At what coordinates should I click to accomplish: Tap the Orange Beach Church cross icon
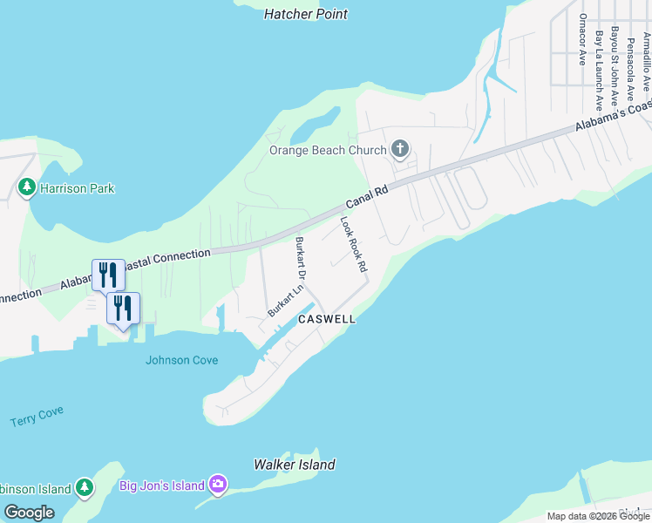400,150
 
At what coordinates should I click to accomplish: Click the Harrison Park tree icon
27,187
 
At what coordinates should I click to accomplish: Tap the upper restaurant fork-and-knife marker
107,275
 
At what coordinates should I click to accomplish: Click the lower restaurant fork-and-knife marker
123,307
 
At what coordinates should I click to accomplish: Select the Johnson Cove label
181,360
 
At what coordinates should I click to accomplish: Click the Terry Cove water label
37,417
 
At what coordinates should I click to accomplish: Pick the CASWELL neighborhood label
327,319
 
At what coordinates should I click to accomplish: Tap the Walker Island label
294,465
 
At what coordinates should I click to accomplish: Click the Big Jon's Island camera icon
218,485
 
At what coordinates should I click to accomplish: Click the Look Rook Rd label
352,245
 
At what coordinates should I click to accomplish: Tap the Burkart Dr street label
301,257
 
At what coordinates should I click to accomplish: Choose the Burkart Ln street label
285,297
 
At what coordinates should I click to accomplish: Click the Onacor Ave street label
582,39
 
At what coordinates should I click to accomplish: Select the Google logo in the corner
29,513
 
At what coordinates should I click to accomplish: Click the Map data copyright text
598,516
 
